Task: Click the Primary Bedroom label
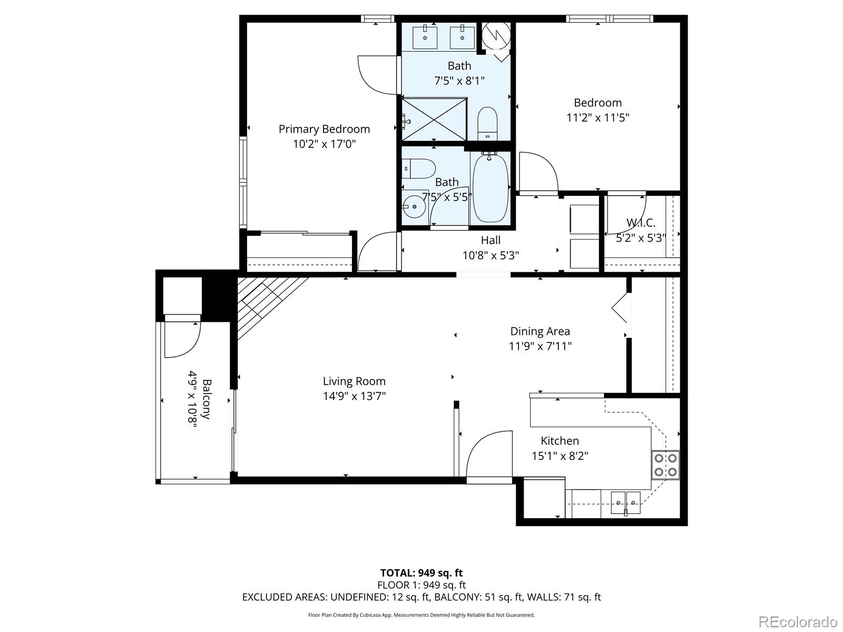(324, 129)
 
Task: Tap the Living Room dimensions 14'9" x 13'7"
(354, 396)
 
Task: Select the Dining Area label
(540, 331)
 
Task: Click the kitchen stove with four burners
(665, 465)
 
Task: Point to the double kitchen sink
(625, 502)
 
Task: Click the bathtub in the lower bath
(490, 188)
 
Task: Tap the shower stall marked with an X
(434, 120)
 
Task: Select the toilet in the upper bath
(487, 123)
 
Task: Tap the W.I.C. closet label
(641, 223)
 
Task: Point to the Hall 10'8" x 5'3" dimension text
(491, 255)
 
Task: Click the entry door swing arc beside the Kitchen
(487, 453)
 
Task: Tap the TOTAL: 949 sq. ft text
(421, 572)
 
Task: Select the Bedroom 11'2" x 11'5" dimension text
(597, 117)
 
